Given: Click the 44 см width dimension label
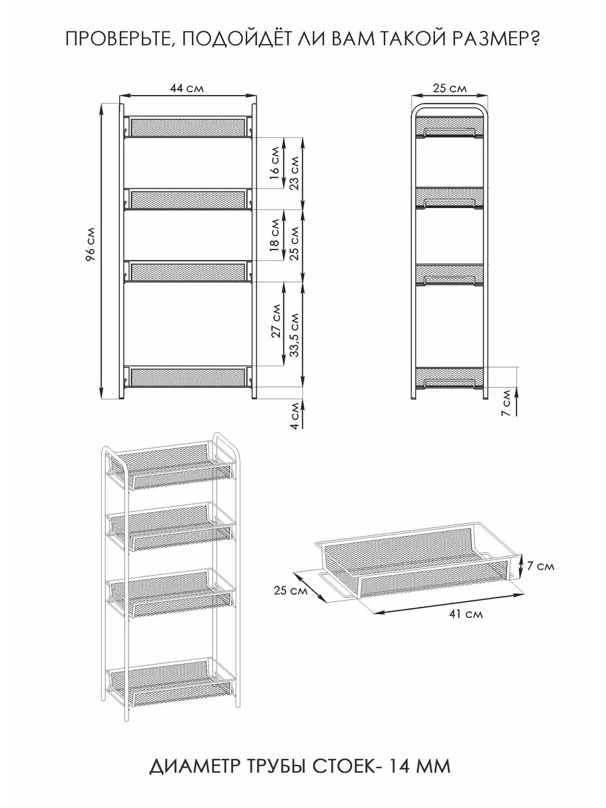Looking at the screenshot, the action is [x=187, y=88].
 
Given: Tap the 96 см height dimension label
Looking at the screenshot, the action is [x=90, y=244].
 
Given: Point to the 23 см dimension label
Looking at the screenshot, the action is [x=295, y=173].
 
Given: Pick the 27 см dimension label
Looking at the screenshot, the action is [x=276, y=321].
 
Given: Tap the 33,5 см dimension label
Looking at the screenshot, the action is [x=295, y=335].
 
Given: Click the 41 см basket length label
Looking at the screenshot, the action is [x=465, y=613].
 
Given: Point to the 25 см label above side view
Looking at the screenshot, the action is [x=450, y=88].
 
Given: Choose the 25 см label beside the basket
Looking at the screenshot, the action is [x=290, y=591].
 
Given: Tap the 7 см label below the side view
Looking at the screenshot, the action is [x=506, y=404].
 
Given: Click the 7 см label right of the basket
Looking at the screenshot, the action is [x=541, y=566].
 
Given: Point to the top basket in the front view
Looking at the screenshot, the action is [x=188, y=127].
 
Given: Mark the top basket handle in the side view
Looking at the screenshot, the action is [x=449, y=132].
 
